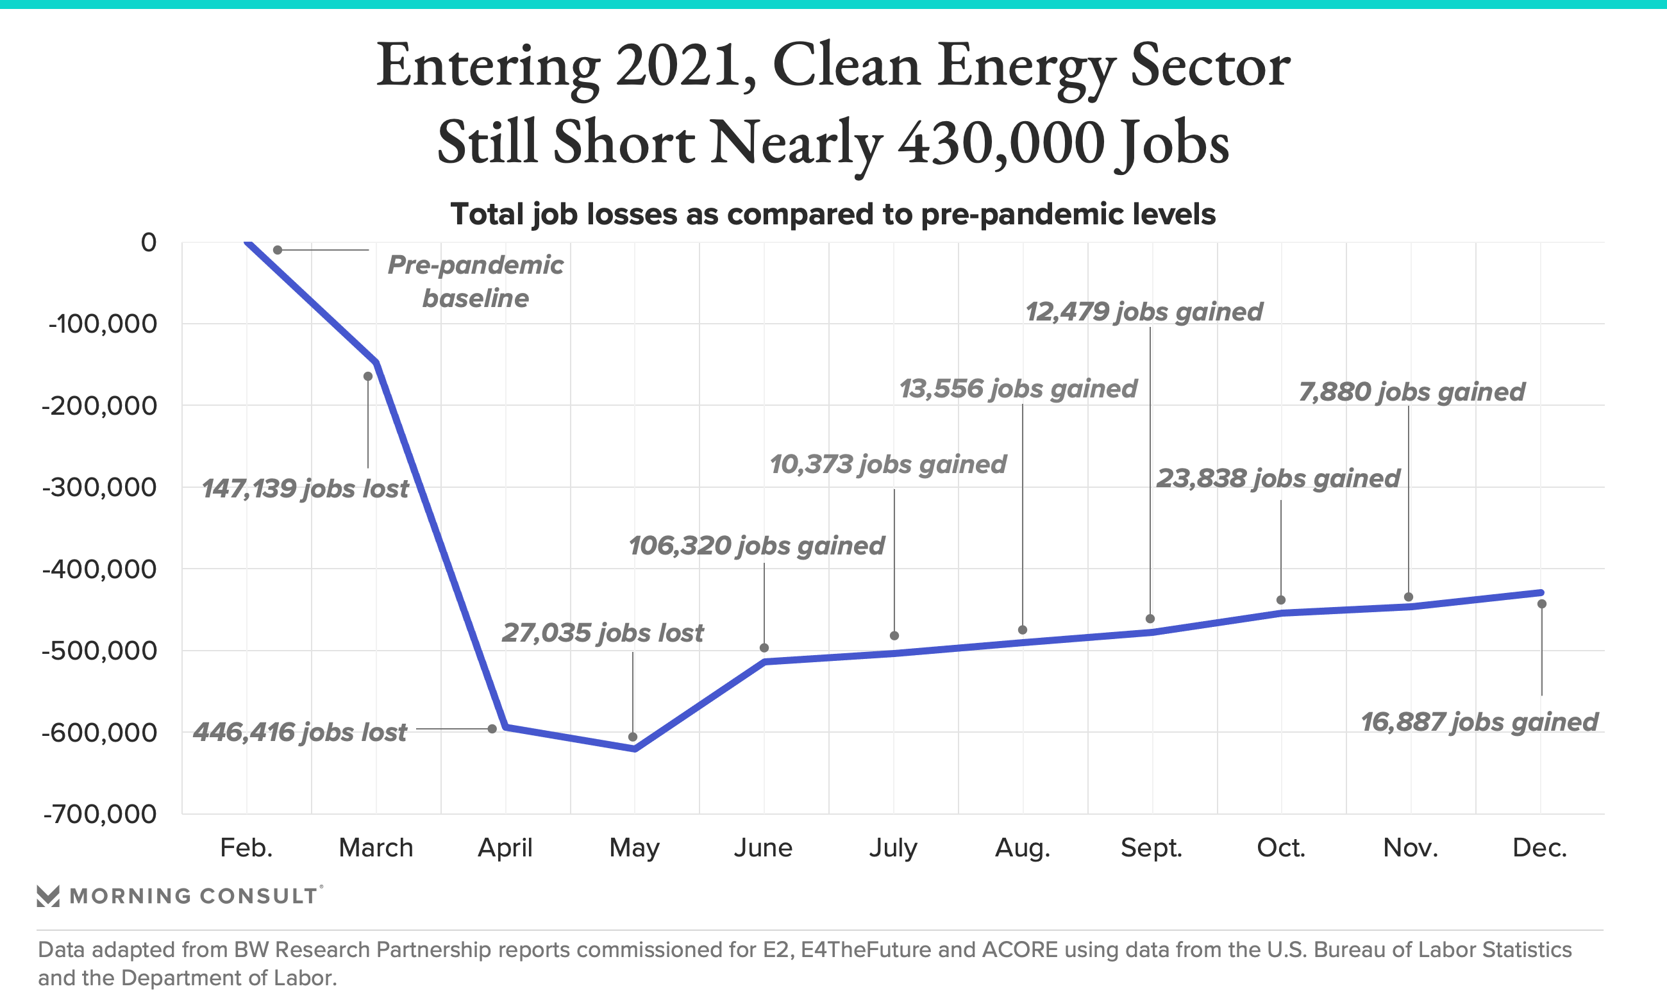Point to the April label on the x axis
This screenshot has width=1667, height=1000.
point(505,847)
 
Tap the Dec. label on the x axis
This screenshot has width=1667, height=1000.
point(1539,847)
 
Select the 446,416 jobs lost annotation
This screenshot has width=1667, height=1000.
point(300,732)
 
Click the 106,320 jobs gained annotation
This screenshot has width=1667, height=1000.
point(756,546)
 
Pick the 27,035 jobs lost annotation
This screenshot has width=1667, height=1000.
point(603,633)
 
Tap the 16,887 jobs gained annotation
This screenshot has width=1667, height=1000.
point(1479,722)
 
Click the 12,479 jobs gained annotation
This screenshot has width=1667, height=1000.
point(1143,312)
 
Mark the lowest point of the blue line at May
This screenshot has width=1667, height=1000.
point(635,749)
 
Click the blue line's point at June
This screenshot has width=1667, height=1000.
point(765,662)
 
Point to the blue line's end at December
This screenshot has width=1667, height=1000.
point(1541,592)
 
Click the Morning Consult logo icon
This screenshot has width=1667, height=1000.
point(48,896)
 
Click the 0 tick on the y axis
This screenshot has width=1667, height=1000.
point(148,242)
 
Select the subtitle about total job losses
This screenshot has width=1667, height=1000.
point(833,214)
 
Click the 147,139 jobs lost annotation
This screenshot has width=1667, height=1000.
point(305,488)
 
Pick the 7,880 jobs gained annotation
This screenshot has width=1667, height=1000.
point(1411,392)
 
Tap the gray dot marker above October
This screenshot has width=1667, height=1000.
point(1281,600)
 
